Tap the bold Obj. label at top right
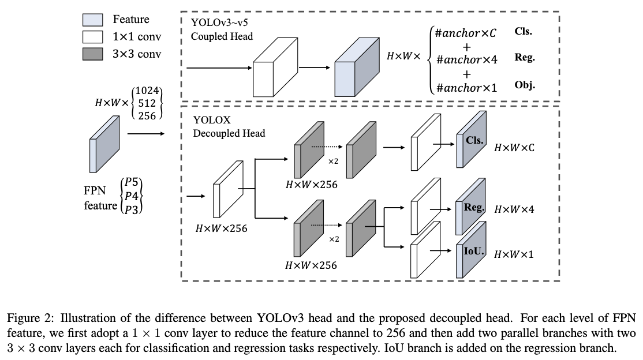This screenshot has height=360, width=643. tap(524, 85)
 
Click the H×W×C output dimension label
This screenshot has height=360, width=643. tap(514, 148)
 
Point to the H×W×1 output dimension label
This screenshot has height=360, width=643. tap(514, 254)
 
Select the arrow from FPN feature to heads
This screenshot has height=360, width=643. tap(145, 133)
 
